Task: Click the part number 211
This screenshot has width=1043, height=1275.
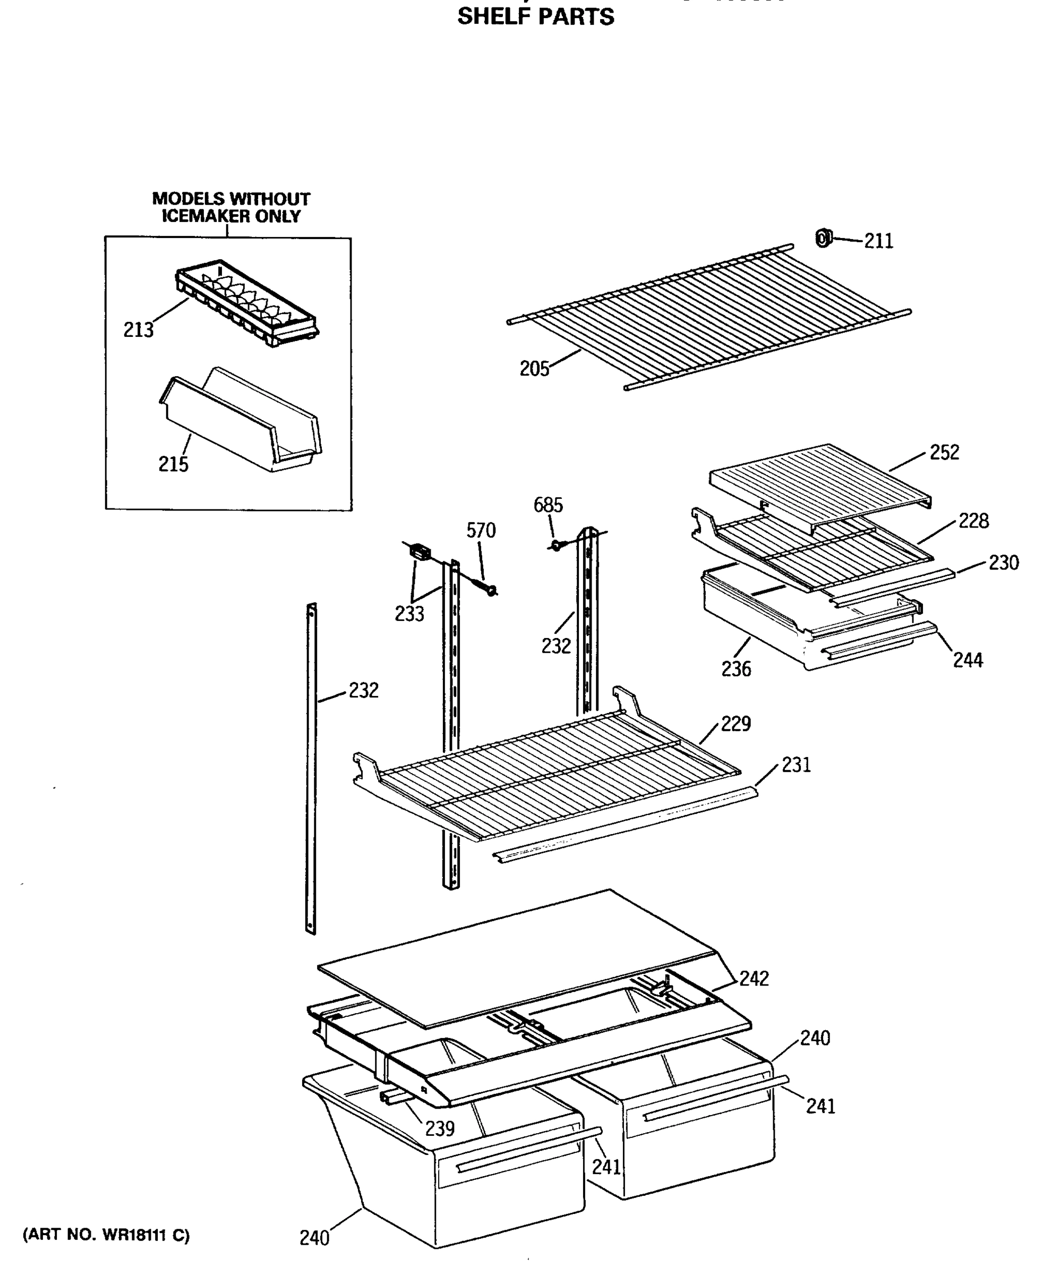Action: click(x=878, y=241)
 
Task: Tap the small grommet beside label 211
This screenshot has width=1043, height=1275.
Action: click(x=823, y=238)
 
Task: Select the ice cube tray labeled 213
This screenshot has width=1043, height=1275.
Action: click(x=246, y=303)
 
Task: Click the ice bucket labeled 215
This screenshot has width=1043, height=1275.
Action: click(x=241, y=421)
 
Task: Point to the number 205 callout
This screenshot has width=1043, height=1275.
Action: click(x=534, y=369)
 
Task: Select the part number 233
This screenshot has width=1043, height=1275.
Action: click(x=409, y=614)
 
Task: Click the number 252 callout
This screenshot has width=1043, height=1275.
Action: click(x=944, y=452)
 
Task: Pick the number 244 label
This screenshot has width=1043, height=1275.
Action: click(x=967, y=660)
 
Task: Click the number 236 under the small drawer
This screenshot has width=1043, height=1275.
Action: click(x=736, y=668)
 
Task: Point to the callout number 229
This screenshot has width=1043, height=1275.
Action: click(x=736, y=723)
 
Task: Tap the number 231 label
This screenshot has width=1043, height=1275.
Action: click(x=796, y=764)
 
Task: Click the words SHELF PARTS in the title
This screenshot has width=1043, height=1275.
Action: click(x=535, y=17)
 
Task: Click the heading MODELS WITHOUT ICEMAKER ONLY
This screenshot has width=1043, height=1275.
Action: click(x=230, y=207)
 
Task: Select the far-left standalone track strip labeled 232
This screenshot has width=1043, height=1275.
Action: click(x=311, y=769)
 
